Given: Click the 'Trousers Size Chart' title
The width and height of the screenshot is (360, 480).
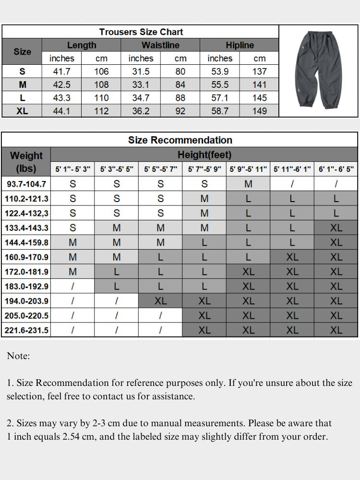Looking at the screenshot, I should pos(141,32).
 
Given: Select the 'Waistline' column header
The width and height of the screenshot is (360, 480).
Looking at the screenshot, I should pos(160,45).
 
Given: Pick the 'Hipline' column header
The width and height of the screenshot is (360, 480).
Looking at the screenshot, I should pos(240,45).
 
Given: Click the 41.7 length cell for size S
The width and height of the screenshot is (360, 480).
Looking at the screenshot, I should pos(62,72).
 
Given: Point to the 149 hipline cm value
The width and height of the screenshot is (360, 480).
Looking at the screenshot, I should pos(259,111).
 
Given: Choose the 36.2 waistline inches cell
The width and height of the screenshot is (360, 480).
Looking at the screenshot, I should pos(141,111).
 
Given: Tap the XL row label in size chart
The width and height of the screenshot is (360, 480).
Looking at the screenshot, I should pos(22,111).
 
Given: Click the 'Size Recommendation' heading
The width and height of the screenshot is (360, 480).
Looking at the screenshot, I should pos(180,140).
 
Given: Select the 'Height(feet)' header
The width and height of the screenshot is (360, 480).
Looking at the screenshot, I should pos(204,155).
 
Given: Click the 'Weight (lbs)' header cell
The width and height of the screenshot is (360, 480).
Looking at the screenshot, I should pos(26,162).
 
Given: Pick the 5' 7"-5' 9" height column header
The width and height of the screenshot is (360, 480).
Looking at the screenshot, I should pos(204,169).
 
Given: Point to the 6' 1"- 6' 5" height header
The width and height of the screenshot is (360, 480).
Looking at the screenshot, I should pos(336,169).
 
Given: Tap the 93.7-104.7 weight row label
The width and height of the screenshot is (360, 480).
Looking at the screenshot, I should pos(26,184).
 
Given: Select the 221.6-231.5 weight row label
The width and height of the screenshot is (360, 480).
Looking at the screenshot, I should pos(26,330).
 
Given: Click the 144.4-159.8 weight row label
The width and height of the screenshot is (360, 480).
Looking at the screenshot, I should pos(26,242).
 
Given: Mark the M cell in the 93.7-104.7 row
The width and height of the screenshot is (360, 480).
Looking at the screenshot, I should pos(248,184).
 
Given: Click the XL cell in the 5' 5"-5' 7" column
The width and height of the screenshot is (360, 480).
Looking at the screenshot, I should pos(160,301).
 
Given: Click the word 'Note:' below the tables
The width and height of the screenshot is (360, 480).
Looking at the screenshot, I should pos(18,356).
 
